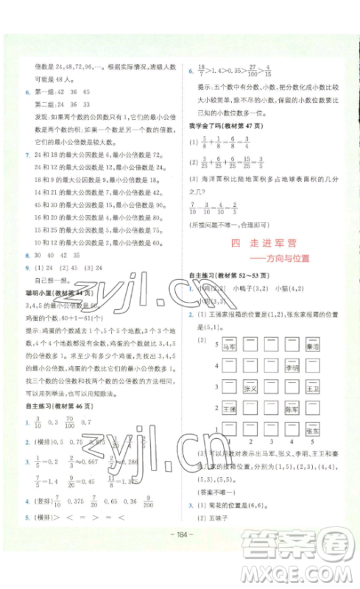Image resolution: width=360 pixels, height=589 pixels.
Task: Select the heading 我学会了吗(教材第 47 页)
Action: point(225,124)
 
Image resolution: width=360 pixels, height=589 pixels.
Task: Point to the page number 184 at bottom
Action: point(180,565)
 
